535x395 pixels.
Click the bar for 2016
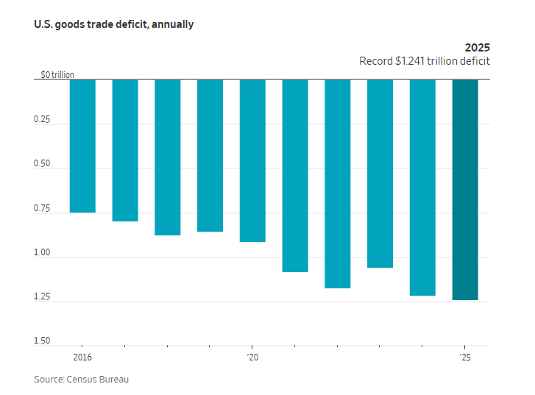point(82,146)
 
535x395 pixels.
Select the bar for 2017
point(125,150)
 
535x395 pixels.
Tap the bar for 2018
point(167,157)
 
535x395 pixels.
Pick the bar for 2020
point(252,160)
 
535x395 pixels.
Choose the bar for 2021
point(295,176)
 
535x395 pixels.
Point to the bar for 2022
point(337,184)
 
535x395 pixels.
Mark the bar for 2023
point(380,174)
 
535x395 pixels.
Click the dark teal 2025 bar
point(465,190)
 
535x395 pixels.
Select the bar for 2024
point(422,188)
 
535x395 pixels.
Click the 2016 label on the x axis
point(82,357)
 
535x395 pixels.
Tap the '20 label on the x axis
point(252,357)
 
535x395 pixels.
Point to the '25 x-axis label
point(464,357)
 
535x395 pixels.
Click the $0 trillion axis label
point(57,75)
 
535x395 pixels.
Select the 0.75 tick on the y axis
point(42,209)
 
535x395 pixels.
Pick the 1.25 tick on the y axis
point(42,297)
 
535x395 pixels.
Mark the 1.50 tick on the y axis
point(42,341)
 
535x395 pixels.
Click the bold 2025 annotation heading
point(477,48)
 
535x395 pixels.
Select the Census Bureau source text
point(101,379)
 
